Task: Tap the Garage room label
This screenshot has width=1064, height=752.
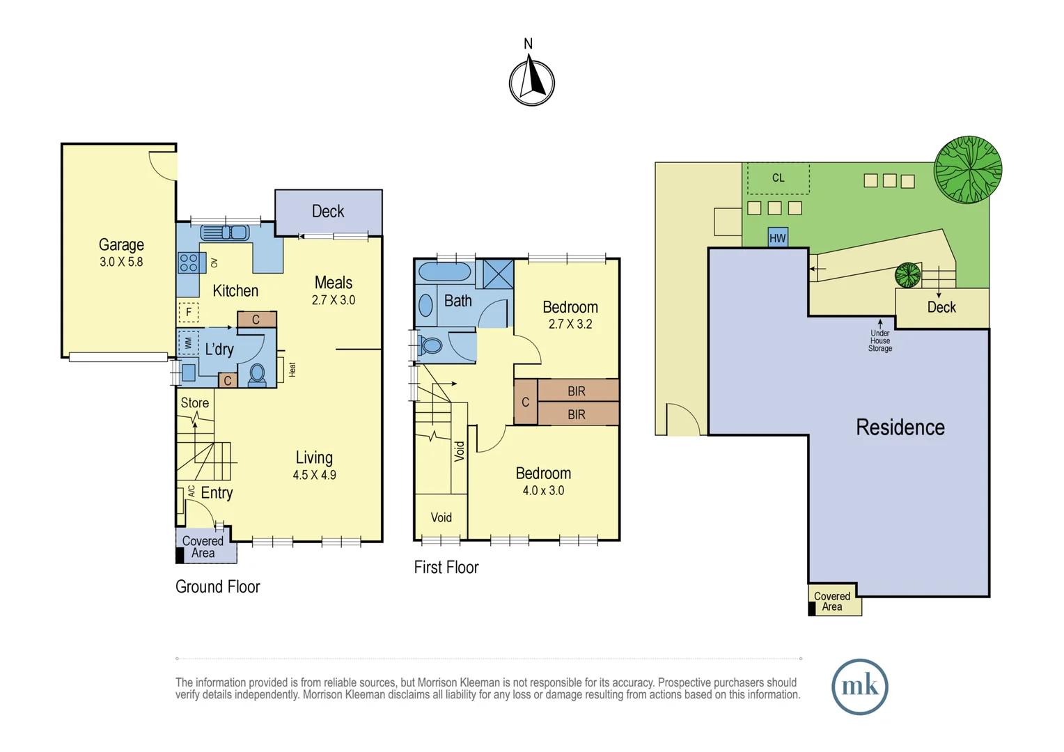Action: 121,244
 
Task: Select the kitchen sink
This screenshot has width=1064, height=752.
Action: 225,233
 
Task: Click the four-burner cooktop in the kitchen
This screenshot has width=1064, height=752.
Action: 189,263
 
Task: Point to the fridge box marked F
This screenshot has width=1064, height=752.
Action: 189,312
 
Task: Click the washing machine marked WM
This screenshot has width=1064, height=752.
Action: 189,343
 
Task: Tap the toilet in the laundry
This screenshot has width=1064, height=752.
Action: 257,375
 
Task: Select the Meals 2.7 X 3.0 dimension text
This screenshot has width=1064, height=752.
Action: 334,300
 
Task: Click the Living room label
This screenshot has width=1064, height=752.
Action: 314,457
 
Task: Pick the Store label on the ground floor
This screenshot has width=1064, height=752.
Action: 195,403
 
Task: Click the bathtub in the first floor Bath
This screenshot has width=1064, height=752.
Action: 444,272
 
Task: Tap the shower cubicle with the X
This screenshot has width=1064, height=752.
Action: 498,274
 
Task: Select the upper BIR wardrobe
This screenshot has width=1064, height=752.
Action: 578,391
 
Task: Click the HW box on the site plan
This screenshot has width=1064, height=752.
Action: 778,238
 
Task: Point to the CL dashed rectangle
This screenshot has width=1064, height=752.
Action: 778,178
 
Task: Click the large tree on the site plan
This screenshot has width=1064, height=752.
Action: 968,170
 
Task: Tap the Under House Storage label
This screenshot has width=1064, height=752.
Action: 879,340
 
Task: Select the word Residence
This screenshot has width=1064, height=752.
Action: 900,428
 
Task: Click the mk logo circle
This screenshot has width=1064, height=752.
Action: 859,687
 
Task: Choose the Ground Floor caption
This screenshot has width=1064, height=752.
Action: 217,587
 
